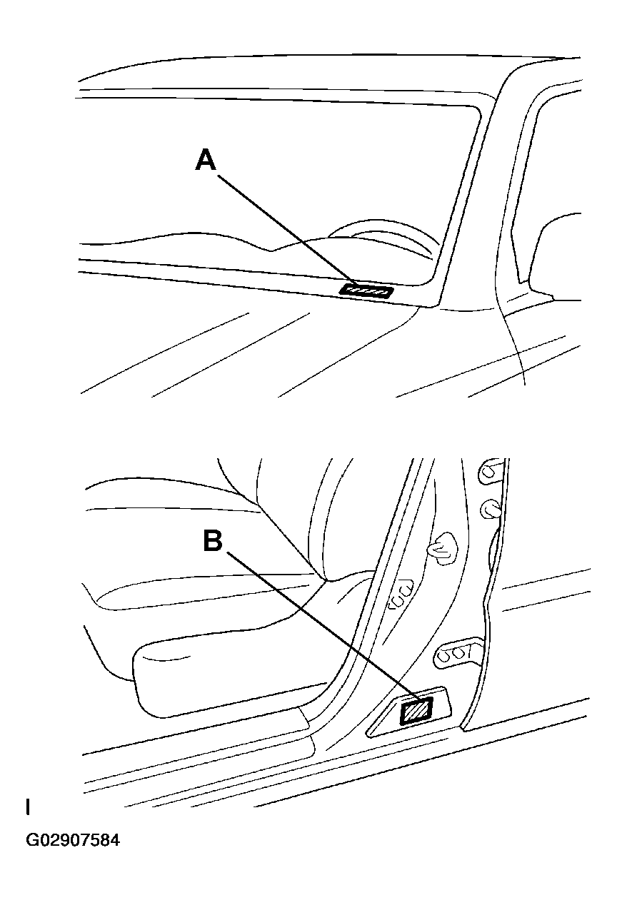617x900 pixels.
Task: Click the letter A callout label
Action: [x=206, y=161]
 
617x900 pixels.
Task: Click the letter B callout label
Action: [x=212, y=540]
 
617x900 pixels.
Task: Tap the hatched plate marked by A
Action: [x=366, y=290]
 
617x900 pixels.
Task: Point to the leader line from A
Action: [x=286, y=228]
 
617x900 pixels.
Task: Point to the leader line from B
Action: [x=314, y=628]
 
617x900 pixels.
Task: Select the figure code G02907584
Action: [x=73, y=840]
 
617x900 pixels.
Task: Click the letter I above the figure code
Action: [x=28, y=807]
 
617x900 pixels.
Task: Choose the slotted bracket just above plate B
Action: [x=453, y=651]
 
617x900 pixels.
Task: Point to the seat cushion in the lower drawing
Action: [x=214, y=592]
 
